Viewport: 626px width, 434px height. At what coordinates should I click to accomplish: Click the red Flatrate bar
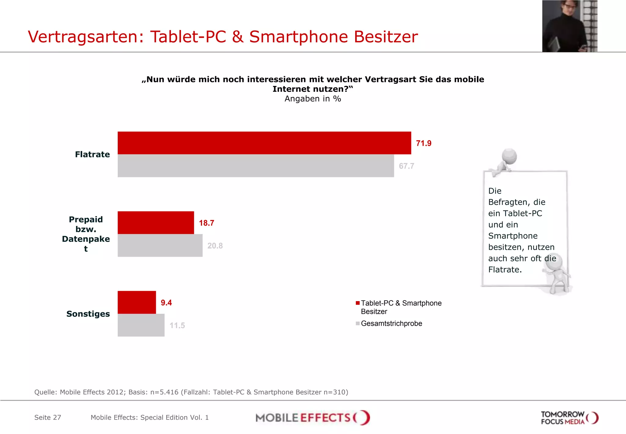tap(264, 143)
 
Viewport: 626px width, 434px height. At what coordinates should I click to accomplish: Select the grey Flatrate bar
tap(256, 166)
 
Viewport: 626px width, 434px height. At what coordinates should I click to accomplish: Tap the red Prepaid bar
tap(156, 223)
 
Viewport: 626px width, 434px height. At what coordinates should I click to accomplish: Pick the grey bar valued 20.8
tap(160, 245)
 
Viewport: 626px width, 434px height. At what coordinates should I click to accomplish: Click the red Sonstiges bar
tap(137, 302)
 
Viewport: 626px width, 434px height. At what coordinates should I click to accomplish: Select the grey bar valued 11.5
tap(141, 325)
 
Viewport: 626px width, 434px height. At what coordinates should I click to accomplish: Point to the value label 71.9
tap(424, 143)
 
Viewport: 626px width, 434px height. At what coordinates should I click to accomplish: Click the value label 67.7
tap(407, 166)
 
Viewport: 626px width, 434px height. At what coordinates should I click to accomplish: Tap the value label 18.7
tap(207, 223)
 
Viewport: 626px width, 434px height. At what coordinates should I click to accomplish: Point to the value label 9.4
tap(166, 303)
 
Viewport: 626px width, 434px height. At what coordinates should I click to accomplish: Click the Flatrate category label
tap(92, 154)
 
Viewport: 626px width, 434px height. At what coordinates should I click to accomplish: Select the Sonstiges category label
tap(88, 314)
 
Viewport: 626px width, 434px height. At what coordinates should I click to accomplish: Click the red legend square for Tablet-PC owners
tap(358, 303)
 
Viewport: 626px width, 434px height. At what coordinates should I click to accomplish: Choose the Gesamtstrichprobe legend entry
tap(391, 324)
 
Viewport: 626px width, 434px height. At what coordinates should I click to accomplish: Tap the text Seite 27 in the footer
tap(48, 417)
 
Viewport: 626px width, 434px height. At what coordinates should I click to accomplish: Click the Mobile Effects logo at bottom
tap(313, 418)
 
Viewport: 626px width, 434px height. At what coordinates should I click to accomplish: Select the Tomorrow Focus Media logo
tap(569, 418)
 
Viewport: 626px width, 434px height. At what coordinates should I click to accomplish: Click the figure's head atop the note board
tap(509, 156)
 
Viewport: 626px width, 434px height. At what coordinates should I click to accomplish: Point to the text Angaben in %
tap(313, 99)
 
